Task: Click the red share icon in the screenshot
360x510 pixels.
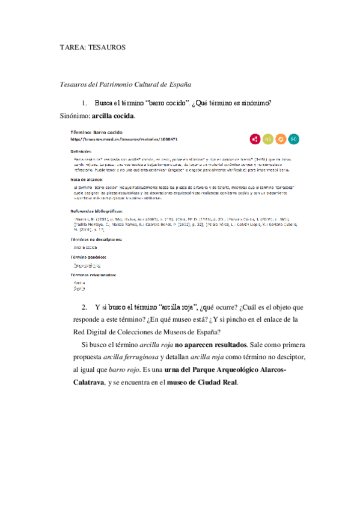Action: [255, 139]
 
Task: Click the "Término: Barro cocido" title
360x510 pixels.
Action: [100, 132]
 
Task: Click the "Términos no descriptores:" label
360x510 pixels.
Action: [96, 239]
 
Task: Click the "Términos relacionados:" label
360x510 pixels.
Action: [93, 274]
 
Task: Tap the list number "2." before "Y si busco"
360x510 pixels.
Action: [85, 307]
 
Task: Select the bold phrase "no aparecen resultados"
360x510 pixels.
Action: [209, 345]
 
